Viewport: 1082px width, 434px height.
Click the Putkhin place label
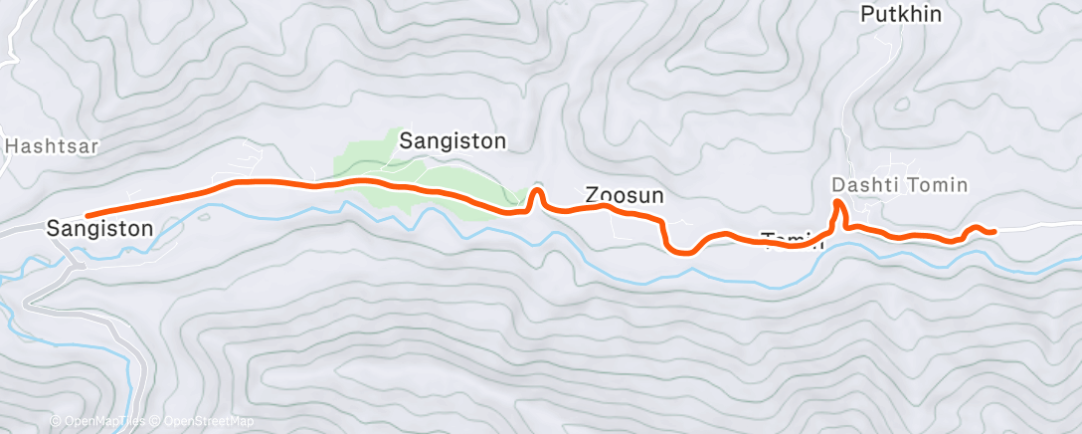(x=900, y=15)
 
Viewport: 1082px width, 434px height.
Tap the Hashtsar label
(x=52, y=145)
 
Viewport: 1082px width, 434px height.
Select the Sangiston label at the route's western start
(x=99, y=229)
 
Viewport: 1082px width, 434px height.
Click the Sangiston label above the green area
(x=452, y=141)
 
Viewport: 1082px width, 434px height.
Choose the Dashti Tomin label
(x=899, y=185)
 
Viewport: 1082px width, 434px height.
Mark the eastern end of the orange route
(x=992, y=232)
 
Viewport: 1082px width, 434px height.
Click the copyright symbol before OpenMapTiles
(x=56, y=421)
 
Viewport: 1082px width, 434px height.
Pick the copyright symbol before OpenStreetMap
(x=157, y=421)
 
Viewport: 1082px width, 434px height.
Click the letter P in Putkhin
(x=866, y=15)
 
